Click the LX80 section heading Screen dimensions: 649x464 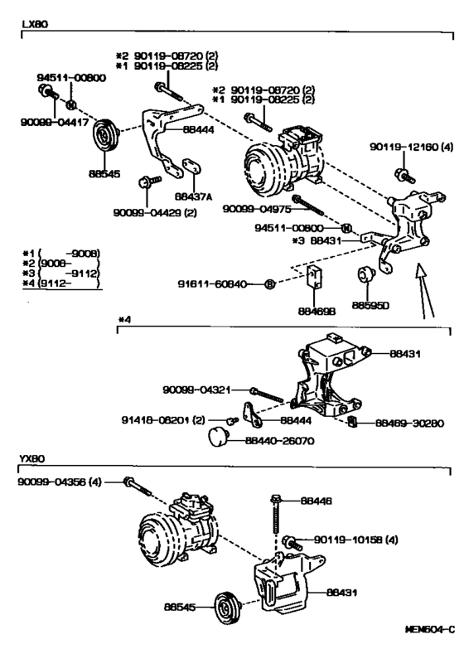point(34,26)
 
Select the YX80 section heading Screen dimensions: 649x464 point(34,458)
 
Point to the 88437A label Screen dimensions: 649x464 point(193,197)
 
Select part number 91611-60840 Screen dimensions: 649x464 point(212,284)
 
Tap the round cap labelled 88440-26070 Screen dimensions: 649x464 point(217,437)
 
